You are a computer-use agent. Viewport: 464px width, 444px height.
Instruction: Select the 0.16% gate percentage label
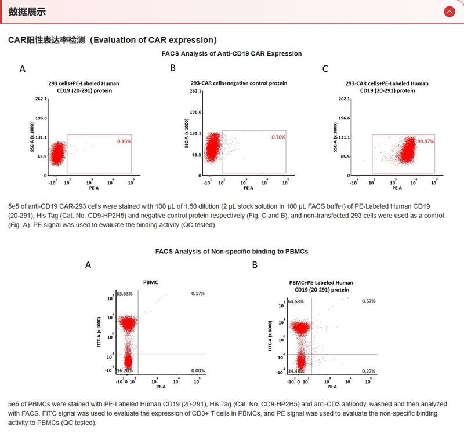[124, 141]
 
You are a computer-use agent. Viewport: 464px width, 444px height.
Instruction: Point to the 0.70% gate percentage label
[279, 137]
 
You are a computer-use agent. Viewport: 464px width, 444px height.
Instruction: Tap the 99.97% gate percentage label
[425, 141]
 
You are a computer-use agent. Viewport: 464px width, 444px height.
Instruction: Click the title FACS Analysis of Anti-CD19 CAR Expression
[231, 53]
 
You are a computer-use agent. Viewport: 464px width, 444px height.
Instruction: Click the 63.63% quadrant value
[125, 294]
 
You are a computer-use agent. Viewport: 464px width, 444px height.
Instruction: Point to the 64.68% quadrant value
[296, 301]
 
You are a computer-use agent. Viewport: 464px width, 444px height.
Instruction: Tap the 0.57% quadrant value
[369, 301]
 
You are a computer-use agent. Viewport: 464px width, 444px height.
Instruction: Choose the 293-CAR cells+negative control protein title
[239, 83]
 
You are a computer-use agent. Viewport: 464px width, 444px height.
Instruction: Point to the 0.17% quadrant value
[198, 294]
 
